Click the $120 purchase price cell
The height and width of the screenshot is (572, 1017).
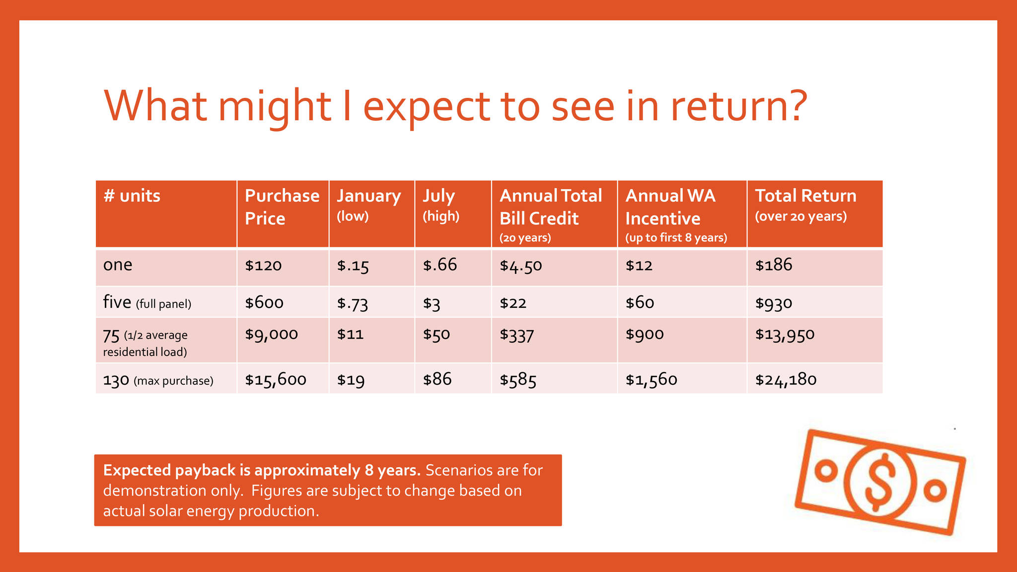(263, 266)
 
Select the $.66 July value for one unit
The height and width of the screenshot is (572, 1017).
(439, 265)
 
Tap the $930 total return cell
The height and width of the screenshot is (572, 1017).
(773, 303)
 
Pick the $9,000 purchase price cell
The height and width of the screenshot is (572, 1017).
(271, 334)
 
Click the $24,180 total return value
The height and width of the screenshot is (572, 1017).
(786, 380)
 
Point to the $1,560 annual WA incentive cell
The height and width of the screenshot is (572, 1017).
(651, 380)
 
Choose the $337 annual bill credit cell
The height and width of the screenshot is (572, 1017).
(516, 335)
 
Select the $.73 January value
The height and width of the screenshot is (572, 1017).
(352, 303)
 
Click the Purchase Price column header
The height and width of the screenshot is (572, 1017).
(282, 207)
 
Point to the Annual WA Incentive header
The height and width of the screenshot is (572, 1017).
(670, 207)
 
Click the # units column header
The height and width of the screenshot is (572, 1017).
(132, 196)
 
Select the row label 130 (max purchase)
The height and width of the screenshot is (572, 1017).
(158, 380)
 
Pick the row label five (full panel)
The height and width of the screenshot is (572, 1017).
(147, 303)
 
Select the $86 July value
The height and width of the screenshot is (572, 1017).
(437, 380)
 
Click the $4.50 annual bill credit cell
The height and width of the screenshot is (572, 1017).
(520, 266)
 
